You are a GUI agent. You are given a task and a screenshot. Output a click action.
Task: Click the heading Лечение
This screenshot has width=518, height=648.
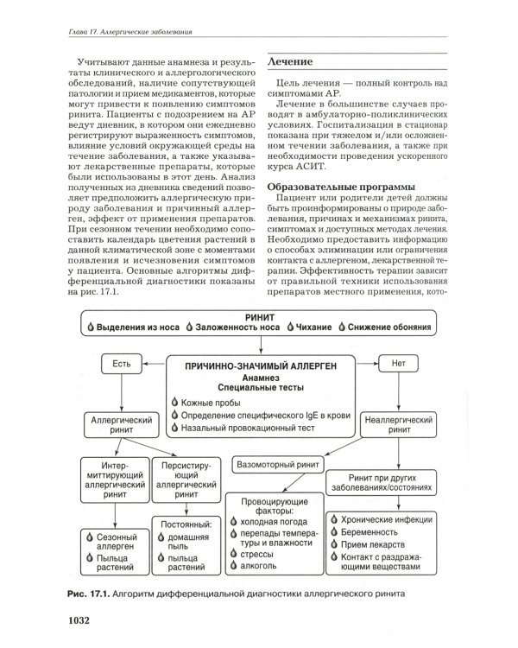tap(291, 63)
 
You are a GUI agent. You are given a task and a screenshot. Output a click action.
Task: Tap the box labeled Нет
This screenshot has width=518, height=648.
tap(398, 364)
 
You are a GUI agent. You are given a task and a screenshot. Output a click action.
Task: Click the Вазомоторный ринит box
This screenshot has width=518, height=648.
tap(276, 462)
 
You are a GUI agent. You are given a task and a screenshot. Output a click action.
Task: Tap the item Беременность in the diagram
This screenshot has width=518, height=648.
tap(381, 532)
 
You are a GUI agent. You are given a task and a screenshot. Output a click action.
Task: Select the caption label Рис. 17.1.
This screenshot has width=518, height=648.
tap(88, 594)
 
